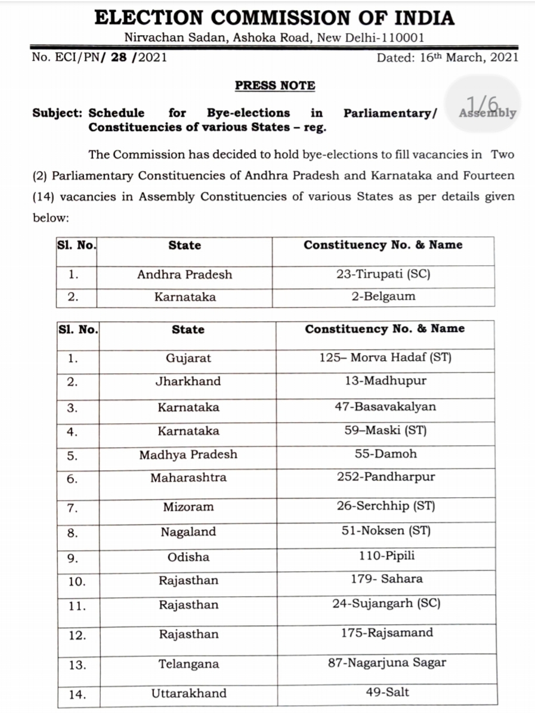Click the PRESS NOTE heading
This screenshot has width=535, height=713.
coord(275,85)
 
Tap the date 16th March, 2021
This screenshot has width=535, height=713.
coord(447,58)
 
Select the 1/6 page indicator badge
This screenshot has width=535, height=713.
coord(483,104)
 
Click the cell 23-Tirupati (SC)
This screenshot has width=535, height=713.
coord(383,275)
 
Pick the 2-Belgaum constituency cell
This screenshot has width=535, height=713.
coord(383,297)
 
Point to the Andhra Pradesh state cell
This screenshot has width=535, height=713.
coord(184,275)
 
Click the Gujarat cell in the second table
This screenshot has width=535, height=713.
coord(188,359)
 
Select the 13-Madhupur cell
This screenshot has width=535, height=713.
coord(386,381)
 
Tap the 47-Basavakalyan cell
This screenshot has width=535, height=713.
coord(385,407)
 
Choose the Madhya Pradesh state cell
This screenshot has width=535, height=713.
coord(188,455)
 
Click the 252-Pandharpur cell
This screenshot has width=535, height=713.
coord(385,478)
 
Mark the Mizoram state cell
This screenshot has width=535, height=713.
coord(188,507)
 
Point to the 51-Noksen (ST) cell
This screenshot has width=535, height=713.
coord(385,531)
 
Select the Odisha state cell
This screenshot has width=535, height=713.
coord(188,557)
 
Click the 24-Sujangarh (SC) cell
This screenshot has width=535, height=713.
coord(385,604)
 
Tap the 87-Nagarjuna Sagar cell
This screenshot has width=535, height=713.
coord(386,662)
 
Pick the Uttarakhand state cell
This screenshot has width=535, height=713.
coord(188,693)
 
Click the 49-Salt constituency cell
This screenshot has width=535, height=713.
coord(386,692)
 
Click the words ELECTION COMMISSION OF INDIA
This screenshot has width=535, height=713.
coord(275,17)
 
